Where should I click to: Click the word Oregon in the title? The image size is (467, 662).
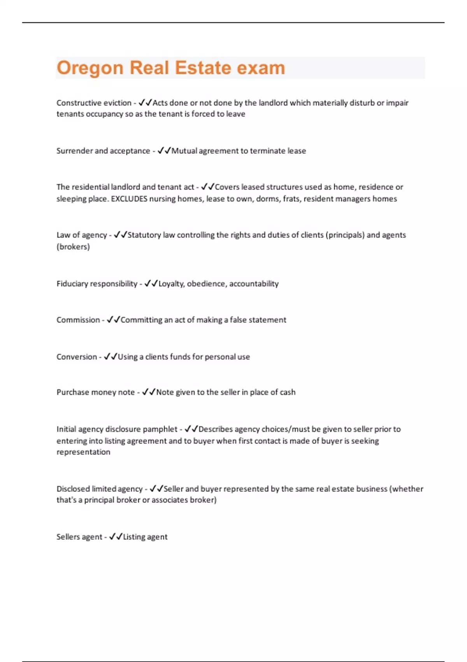(90, 68)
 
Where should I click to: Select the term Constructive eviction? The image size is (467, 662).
(94, 103)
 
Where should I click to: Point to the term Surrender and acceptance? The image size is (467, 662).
(103, 151)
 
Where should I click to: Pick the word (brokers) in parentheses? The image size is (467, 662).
(73, 246)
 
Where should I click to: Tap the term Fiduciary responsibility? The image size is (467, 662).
(97, 283)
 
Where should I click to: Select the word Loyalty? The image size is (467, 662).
(171, 283)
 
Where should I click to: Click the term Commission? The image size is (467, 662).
(78, 320)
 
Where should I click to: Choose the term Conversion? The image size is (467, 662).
(77, 357)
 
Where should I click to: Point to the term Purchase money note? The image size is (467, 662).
(96, 392)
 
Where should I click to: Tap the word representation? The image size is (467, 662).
(83, 452)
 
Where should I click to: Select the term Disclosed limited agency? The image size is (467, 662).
(100, 489)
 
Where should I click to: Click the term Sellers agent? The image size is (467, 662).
(79, 537)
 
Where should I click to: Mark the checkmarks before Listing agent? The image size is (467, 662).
(116, 537)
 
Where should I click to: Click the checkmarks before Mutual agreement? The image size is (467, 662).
(164, 151)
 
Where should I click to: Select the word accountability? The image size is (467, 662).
(254, 283)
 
